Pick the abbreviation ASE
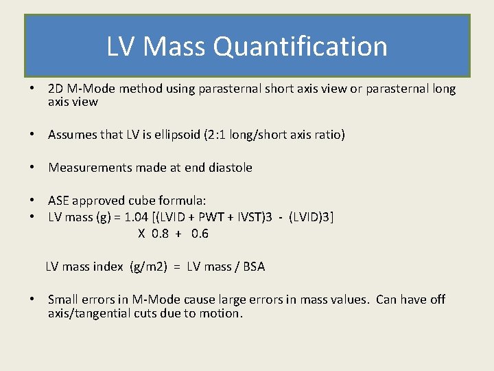(x=58, y=201)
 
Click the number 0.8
(x=160, y=234)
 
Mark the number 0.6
(x=200, y=234)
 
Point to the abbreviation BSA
(x=253, y=267)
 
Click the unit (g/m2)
(x=149, y=267)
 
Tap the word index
(x=108, y=267)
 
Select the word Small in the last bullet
(x=62, y=300)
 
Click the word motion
(x=222, y=313)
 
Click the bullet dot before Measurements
(x=32, y=168)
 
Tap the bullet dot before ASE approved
(x=32, y=201)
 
